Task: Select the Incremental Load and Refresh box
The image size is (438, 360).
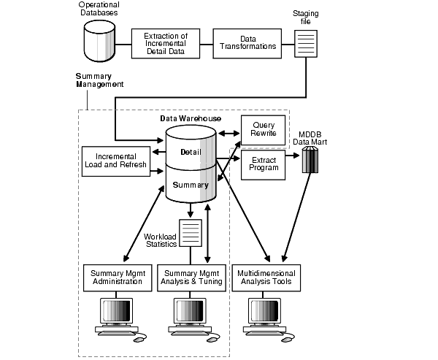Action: (x=117, y=161)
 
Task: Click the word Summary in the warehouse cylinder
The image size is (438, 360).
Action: (x=191, y=185)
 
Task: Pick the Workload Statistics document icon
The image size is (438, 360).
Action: (x=191, y=234)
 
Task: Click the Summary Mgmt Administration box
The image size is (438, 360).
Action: (x=117, y=277)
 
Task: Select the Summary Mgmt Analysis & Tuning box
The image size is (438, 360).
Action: (x=191, y=277)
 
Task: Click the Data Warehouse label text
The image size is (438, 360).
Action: (x=191, y=118)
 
